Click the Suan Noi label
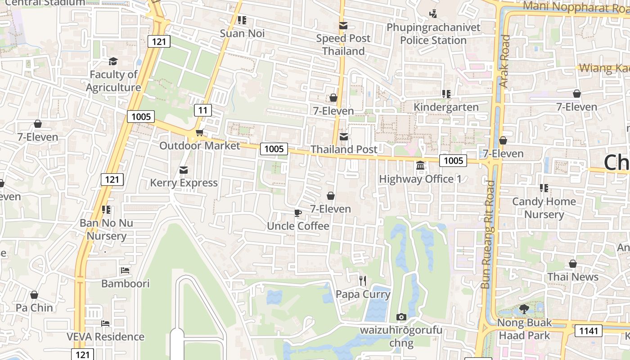[x=242, y=33]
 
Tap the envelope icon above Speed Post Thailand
[x=343, y=26]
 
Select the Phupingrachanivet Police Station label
[x=433, y=34]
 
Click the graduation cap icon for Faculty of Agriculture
[x=113, y=61]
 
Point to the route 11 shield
[x=203, y=110]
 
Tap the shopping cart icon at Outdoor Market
[x=199, y=132]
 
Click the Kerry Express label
[x=184, y=183]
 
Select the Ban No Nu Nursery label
[x=106, y=229]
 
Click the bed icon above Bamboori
[x=125, y=270]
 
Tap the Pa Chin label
[x=34, y=308]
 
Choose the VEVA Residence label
[x=105, y=337]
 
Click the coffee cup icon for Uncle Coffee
[x=297, y=213]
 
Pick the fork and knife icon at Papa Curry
[x=363, y=281]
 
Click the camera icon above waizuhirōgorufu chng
[x=401, y=317]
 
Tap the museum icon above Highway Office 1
[x=420, y=166]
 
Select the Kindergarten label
[x=446, y=107]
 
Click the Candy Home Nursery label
[x=544, y=208]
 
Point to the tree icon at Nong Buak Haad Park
[x=524, y=309]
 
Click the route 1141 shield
[x=588, y=331]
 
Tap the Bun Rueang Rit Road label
[x=488, y=234]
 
